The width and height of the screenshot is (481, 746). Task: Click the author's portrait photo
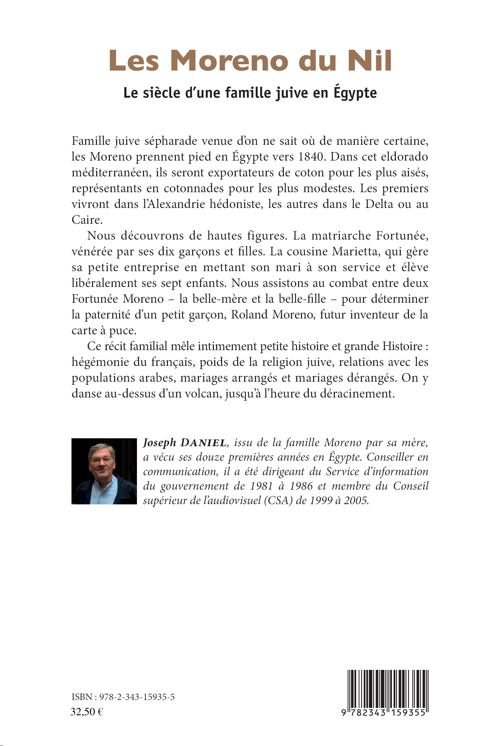[x=104, y=471]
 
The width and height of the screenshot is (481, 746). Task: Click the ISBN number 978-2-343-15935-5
[x=137, y=697]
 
